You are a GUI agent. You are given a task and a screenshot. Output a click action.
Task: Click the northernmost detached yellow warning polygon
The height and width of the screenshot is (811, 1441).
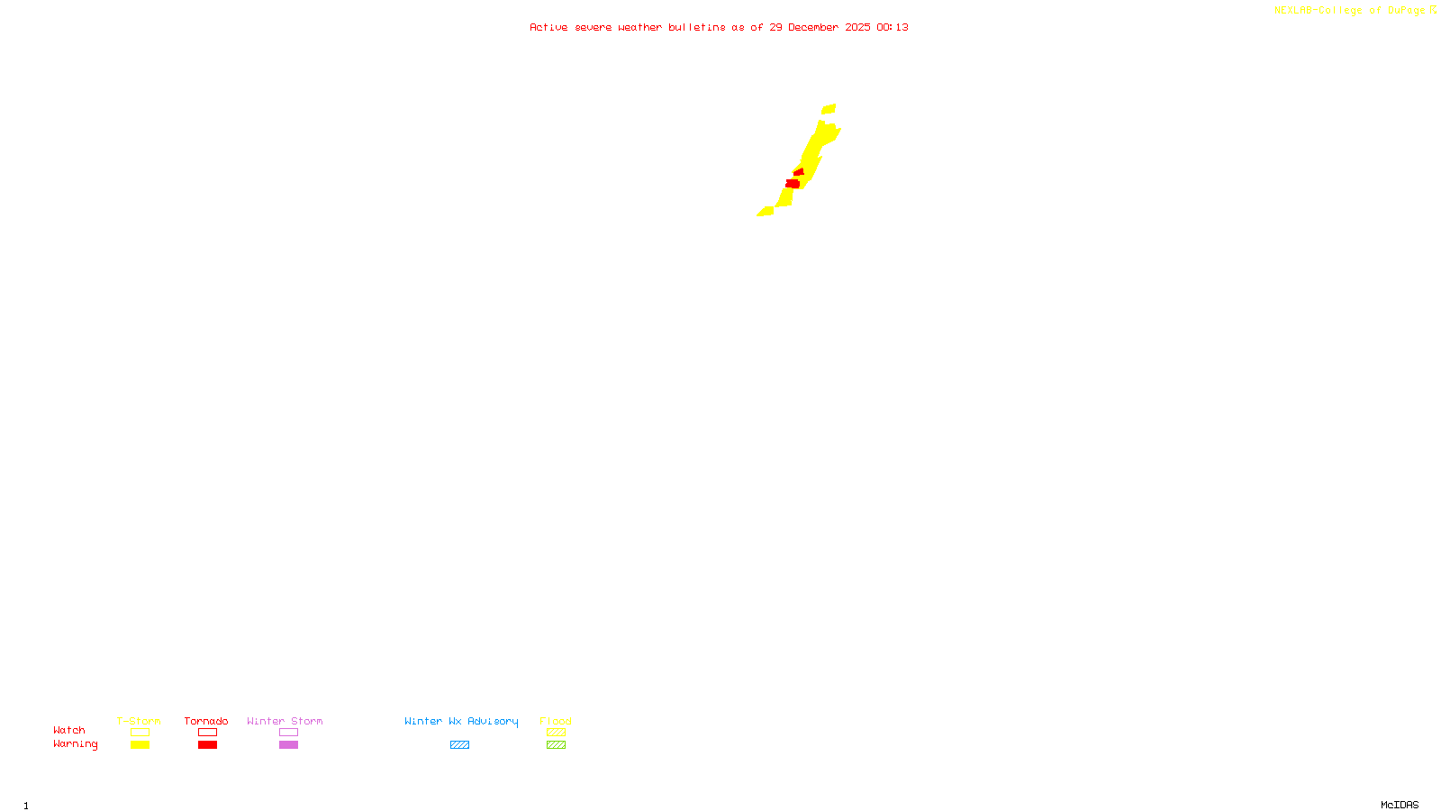829,109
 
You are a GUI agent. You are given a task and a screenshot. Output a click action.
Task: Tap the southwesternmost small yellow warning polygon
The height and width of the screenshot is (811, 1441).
766,212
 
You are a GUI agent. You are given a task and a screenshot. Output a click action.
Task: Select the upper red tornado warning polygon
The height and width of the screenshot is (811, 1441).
799,171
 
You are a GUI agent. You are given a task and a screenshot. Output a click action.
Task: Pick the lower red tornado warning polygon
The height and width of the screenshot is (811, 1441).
793,184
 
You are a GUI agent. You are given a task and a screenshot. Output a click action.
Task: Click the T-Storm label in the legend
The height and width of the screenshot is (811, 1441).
139,721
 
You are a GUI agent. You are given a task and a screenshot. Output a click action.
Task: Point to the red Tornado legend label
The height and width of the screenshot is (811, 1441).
206,721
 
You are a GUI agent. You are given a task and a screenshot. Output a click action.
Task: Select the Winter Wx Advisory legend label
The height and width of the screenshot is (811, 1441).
461,721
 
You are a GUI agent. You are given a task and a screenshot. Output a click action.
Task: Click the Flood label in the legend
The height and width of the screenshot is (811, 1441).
556,721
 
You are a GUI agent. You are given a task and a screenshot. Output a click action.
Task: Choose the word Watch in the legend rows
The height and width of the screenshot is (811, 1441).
69,730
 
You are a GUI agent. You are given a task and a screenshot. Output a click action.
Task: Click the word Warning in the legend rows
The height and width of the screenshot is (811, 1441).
75,744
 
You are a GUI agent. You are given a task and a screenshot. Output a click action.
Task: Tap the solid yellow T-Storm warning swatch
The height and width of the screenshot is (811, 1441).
140,745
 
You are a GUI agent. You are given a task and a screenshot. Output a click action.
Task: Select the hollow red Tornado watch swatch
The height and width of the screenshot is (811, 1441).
207,733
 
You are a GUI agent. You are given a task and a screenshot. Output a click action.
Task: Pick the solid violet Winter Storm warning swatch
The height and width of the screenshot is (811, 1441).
288,745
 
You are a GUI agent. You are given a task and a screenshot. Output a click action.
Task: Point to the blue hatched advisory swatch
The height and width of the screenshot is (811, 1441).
459,745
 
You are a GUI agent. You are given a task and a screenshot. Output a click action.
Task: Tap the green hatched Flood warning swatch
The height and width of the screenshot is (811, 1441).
556,745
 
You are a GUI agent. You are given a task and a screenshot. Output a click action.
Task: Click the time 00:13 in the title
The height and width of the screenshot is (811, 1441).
893,27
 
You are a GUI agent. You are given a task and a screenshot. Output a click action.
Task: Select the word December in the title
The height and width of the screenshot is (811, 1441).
813,27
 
